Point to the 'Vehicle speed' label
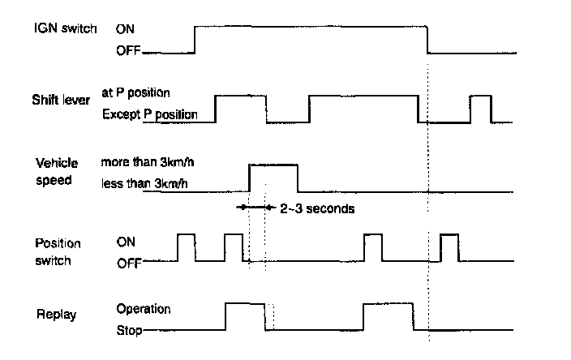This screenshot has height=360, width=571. tap(57, 172)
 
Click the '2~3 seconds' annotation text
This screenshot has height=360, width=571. tap(316, 208)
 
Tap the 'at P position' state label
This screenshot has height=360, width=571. tap(135, 92)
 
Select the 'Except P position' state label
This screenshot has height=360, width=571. tap(150, 114)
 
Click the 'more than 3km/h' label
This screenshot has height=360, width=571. tap(148, 162)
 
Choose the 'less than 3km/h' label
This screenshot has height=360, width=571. tap(146, 183)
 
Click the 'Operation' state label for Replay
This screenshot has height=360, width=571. tap(144, 309)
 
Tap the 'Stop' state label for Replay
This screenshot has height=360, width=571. tap(129, 330)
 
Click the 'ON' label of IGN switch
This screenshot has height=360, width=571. tap(127, 29)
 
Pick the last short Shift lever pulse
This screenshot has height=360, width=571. tap(481, 109)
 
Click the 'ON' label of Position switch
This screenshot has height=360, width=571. tap(127, 242)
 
